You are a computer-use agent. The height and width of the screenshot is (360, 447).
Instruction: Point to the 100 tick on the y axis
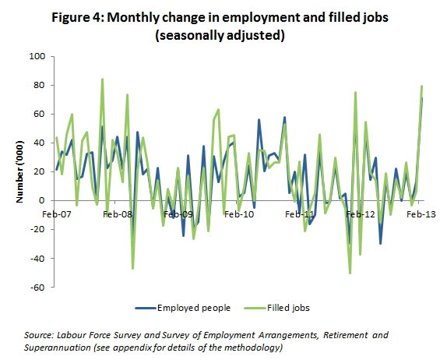[35, 57]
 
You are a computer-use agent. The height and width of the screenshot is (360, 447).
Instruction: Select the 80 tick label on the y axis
[37, 86]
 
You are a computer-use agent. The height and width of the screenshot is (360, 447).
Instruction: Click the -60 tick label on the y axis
[36, 288]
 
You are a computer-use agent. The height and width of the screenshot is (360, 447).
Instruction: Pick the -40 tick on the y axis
[36, 259]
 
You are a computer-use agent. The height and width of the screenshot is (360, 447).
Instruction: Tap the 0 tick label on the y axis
[40, 201]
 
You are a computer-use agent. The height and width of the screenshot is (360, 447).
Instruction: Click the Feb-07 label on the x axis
[56, 213]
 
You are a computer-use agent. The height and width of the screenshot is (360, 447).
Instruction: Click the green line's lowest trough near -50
[350, 273]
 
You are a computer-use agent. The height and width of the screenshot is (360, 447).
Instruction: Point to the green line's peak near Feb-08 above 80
[102, 79]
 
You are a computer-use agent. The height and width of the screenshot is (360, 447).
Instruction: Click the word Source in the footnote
[37, 334]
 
